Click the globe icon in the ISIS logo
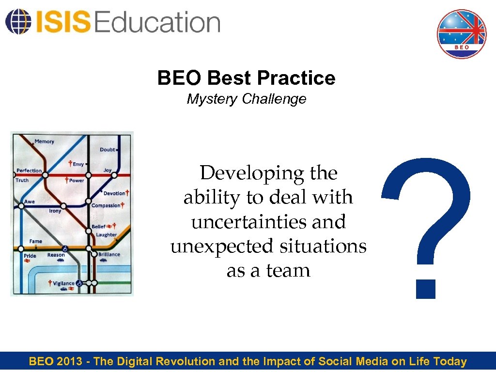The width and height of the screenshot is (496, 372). pos(16,21)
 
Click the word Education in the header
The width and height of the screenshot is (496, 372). pos(158,22)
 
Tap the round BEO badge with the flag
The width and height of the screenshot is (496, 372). pos(461,34)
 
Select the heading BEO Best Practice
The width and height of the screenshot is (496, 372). pos(246,78)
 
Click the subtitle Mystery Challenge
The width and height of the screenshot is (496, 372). pos(247,99)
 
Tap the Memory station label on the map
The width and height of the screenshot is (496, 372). pos(45,141)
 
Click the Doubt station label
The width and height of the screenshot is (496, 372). pos(108,150)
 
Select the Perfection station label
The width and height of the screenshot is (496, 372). pos(29,170)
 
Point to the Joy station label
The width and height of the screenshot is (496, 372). pos(108,170)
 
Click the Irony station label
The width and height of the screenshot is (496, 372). pos(55,211)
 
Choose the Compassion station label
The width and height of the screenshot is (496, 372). pos(106,205)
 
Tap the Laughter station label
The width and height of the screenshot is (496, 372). pos(106,235)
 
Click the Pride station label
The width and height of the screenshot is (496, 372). pos(30,255)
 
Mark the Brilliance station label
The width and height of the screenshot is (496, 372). pos(109,254)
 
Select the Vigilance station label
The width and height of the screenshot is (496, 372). pos(64,283)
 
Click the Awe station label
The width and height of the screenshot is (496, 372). pos(30,201)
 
